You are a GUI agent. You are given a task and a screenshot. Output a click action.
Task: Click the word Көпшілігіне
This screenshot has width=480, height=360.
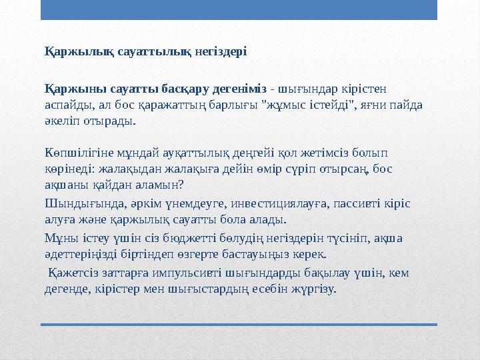76,154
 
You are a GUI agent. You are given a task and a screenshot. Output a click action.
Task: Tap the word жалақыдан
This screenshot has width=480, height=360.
145,171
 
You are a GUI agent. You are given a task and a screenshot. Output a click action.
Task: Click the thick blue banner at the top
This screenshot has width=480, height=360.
239,9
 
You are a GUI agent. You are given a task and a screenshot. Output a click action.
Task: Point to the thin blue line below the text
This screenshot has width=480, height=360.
239,325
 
